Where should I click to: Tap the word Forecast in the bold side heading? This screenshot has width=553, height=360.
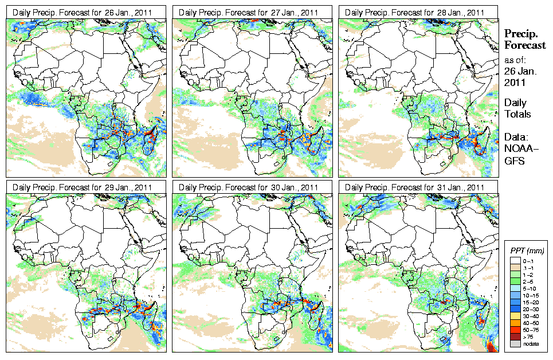(x=524, y=45)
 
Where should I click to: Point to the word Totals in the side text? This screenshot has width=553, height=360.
(x=517, y=114)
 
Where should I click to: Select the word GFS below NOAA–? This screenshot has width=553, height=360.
(x=513, y=162)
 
